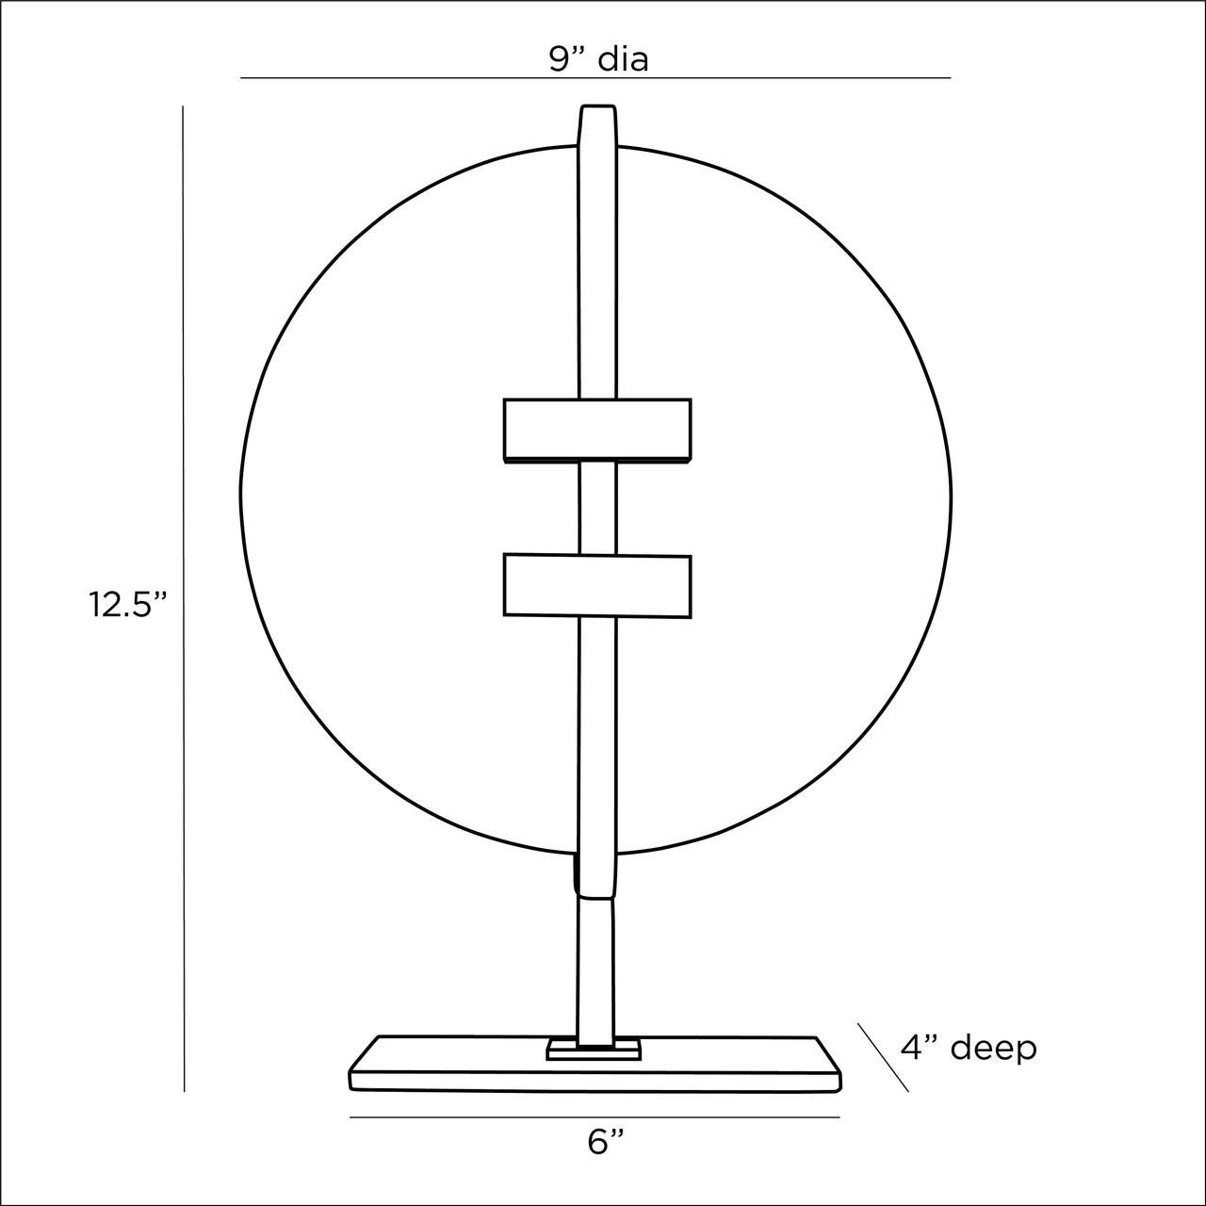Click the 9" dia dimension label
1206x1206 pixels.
click(598, 60)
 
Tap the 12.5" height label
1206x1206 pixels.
click(128, 605)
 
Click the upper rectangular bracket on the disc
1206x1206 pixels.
click(597, 431)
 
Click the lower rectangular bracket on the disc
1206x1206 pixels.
click(597, 586)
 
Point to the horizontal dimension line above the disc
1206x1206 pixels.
click(595, 78)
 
